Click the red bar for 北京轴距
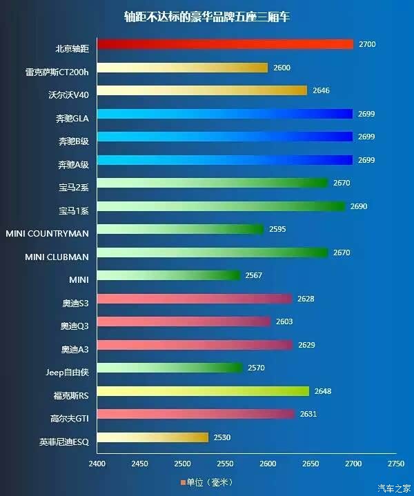[226, 44]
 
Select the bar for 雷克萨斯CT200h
[183, 68]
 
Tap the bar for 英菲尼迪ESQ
[153, 437]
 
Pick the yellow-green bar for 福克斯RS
[203, 391]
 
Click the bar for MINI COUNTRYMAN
[180, 229]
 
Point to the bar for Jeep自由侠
[170, 368]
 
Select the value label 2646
[322, 90]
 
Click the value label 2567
[253, 275]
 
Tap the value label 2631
[308, 414]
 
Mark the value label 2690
[359, 206]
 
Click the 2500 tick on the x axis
[183, 464]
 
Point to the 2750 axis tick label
[396, 464]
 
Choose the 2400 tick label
[97, 464]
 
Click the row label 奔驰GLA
[72, 118]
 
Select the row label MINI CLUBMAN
[57, 257]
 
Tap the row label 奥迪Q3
[75, 326]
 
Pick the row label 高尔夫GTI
[69, 419]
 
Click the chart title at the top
[207, 17]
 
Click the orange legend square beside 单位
[183, 483]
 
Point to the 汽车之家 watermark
[394, 488]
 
